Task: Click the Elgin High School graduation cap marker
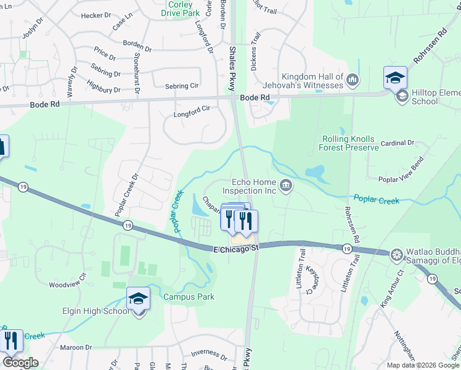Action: click(x=138, y=300)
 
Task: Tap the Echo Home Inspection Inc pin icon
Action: click(x=285, y=185)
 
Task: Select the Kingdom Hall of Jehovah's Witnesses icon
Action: click(x=353, y=79)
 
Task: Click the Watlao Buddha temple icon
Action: click(x=396, y=254)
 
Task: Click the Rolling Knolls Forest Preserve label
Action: click(x=348, y=143)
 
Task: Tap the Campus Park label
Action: click(x=189, y=297)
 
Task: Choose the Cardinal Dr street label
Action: click(x=398, y=143)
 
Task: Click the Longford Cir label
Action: click(x=192, y=109)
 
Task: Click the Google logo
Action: click(x=20, y=363)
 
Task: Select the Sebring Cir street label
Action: click(x=181, y=86)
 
